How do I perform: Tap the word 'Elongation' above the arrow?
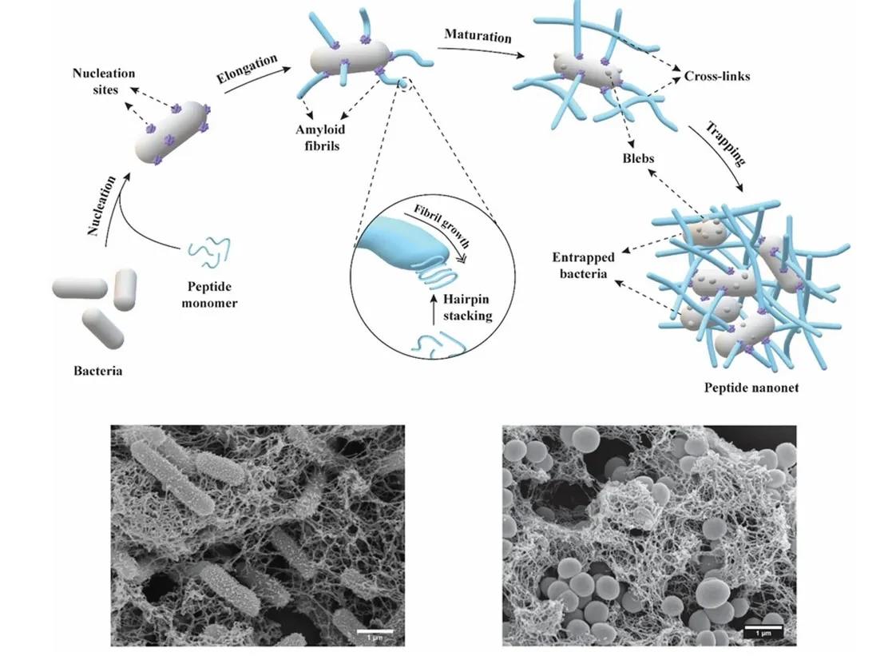(247, 69)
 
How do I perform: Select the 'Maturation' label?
(476, 36)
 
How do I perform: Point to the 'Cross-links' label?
(716, 78)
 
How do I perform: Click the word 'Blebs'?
(637, 158)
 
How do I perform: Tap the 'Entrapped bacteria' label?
(582, 265)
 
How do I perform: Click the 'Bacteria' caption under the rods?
(97, 371)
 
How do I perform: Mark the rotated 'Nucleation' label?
(101, 205)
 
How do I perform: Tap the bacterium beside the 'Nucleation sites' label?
(172, 133)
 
